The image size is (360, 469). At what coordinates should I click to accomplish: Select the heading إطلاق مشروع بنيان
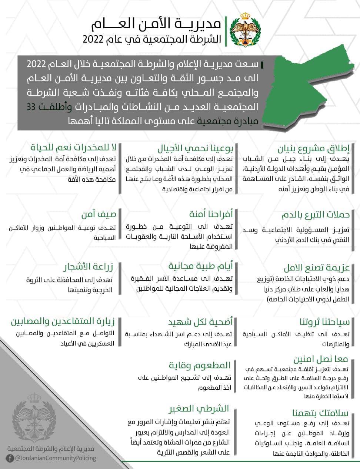point(313,149)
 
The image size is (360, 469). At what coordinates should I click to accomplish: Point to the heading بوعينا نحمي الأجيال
point(195,149)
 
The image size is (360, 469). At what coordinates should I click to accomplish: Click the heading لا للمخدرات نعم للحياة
point(73,147)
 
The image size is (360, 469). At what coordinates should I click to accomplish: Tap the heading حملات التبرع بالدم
point(316,215)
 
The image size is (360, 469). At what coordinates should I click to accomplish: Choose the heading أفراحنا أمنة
point(211,214)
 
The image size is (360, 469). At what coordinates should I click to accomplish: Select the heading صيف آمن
point(99,214)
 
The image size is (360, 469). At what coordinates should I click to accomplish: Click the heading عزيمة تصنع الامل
point(317,268)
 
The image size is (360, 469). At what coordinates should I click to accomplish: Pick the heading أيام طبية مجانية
point(200,266)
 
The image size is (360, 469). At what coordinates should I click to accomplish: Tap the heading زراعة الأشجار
point(88,267)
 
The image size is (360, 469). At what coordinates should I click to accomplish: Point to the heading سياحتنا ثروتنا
point(324,322)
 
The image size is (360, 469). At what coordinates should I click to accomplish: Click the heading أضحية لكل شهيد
point(200,321)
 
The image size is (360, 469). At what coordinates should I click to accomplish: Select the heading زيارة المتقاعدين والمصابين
point(63,321)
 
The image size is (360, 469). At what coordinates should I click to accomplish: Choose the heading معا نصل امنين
point(321,359)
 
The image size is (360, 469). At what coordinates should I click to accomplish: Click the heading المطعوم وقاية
point(200,365)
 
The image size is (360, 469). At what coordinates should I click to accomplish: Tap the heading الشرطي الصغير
point(199,409)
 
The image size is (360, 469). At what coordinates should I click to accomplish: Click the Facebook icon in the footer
point(10,459)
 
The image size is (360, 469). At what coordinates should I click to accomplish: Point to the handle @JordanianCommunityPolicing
point(55,458)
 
